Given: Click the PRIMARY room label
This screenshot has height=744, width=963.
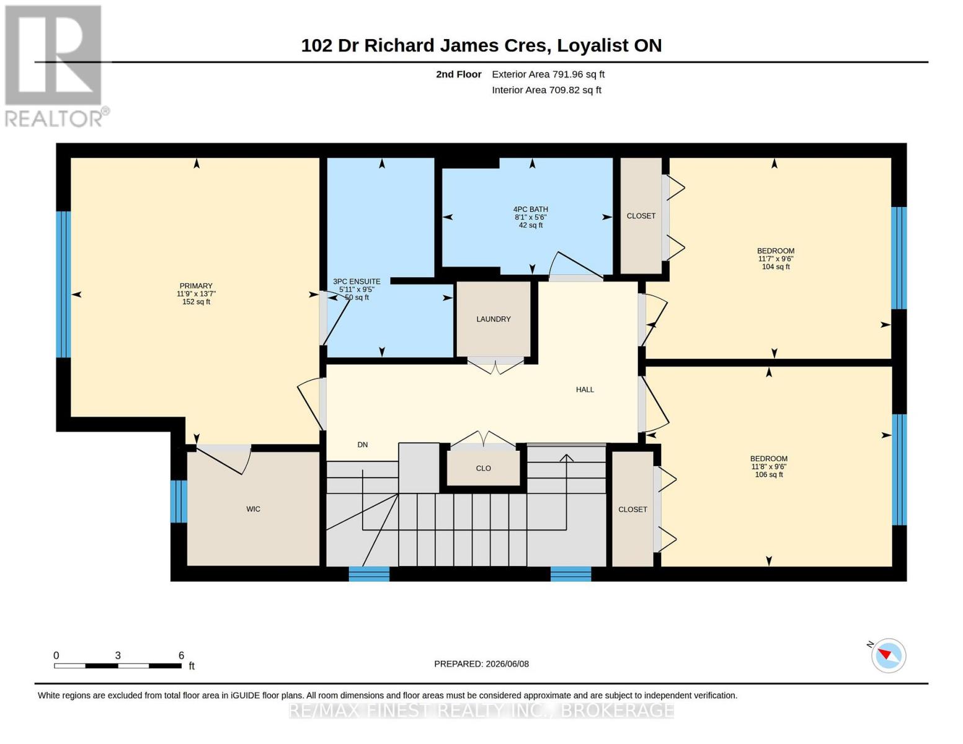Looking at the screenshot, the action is point(196,286).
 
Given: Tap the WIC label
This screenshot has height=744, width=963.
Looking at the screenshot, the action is point(253,509).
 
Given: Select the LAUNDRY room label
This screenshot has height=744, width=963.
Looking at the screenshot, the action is point(493,319).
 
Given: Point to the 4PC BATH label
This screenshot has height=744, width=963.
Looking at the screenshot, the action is point(530,209).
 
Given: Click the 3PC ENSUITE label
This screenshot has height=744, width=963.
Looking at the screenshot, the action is point(357,281).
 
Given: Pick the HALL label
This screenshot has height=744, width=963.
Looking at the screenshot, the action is point(585,389).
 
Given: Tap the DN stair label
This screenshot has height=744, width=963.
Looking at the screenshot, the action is point(363,445).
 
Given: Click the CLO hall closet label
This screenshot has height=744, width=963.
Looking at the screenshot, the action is point(483,468).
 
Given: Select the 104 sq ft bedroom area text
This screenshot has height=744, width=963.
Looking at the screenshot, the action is point(776,267).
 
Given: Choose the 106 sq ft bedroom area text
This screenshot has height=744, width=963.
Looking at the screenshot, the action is point(769,474).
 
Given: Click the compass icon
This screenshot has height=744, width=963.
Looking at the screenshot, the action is point(888,656).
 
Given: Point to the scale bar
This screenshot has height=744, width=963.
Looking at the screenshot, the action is point(118,665).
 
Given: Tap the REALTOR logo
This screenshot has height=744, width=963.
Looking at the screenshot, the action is point(55,66).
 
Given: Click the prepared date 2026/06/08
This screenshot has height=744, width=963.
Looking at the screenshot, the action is point(507,664).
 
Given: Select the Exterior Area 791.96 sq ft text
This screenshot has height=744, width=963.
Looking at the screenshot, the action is point(548,74).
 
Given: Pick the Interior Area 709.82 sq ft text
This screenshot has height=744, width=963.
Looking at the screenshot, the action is point(546,90).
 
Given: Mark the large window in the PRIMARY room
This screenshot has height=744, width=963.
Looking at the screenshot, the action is point(63,284).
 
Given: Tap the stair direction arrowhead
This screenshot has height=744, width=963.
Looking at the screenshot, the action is point(566,458).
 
